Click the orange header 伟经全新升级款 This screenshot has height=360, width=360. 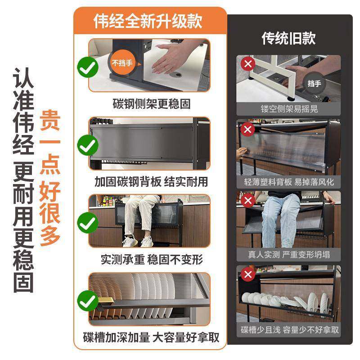[x=148, y=21]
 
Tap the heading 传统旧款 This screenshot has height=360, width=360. [x=288, y=38]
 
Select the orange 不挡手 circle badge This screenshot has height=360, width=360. [x=122, y=63]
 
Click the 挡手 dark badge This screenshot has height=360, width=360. [x=314, y=84]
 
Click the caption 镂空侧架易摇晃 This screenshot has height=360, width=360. [x=288, y=109]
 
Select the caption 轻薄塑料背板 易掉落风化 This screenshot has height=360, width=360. [x=288, y=182]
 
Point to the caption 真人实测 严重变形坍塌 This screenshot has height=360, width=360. [x=288, y=255]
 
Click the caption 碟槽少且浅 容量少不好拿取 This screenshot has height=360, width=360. [x=288, y=330]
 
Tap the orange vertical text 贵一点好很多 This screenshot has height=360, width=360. [x=50, y=178]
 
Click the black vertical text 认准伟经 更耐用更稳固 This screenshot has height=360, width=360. [x=22, y=180]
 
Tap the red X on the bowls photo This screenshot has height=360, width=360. [x=247, y=274]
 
